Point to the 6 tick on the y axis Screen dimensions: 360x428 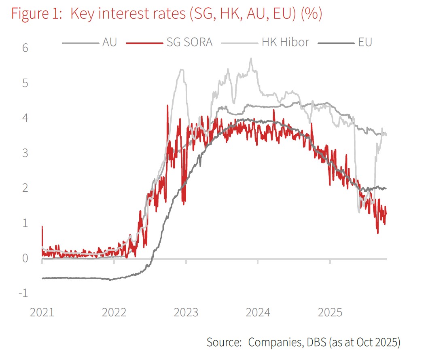coord(25,48)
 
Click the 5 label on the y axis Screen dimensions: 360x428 coord(25,83)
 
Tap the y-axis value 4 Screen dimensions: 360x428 coord(25,118)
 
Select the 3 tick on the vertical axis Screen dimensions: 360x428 coord(25,153)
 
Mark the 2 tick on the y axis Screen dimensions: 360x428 coord(25,188)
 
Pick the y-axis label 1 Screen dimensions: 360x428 coord(25,223)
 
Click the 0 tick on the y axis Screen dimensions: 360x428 coord(25,258)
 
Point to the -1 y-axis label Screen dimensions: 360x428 coord(23,293)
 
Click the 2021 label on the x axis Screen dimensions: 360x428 coord(42,313)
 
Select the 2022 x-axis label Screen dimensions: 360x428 coord(114,313)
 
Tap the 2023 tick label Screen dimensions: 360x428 coord(186,313)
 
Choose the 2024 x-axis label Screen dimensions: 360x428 coord(258,313)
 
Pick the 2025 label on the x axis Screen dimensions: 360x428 coord(330,313)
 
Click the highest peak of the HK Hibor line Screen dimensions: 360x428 coord(251,58)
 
